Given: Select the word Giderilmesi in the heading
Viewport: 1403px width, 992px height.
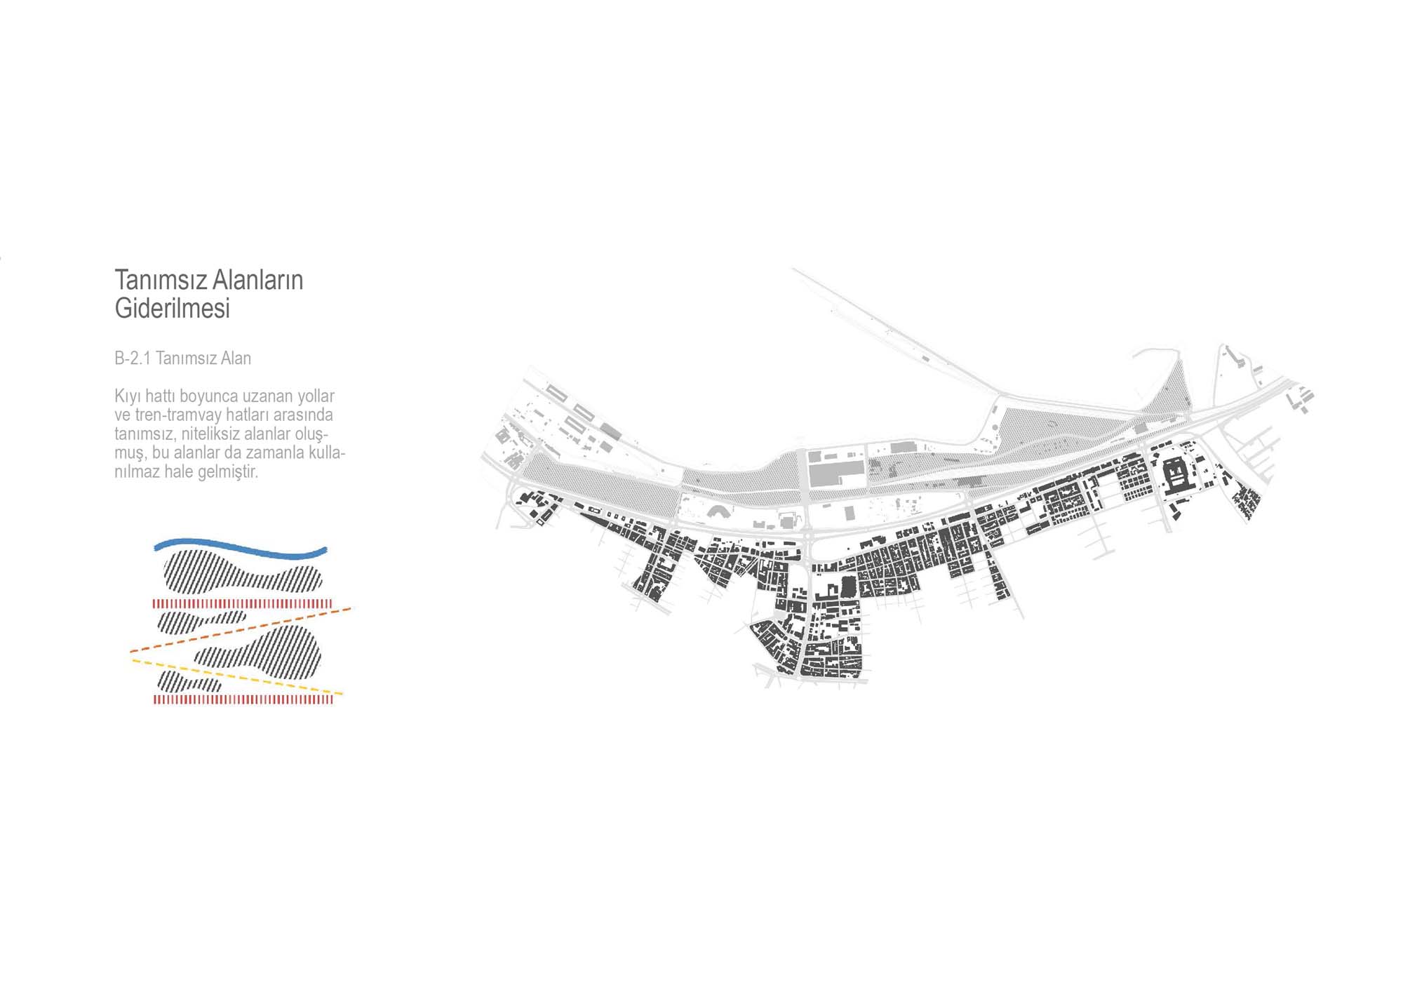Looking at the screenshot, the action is (x=173, y=308).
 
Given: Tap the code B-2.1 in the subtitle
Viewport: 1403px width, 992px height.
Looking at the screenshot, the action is (x=133, y=358).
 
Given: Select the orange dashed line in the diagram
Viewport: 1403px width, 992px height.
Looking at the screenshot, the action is (x=241, y=630).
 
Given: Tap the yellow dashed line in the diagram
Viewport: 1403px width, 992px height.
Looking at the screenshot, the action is (x=237, y=677).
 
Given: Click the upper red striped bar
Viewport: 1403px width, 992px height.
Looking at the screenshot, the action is (x=243, y=603).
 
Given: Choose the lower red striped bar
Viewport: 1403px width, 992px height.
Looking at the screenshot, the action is (x=243, y=699).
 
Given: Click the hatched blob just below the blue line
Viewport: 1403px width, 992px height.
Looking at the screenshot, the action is (x=243, y=571).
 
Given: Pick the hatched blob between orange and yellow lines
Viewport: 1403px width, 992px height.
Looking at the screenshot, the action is (x=258, y=652).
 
